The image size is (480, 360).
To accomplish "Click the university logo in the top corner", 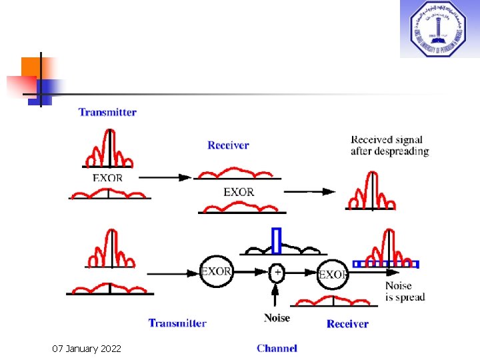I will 439,29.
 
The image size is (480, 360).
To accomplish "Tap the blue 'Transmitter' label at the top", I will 107,112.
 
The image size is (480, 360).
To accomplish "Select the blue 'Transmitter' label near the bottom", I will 177,323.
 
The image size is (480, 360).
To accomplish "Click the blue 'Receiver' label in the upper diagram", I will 228,145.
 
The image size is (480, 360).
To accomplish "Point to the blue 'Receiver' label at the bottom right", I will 347,324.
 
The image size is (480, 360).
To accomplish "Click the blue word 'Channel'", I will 277,348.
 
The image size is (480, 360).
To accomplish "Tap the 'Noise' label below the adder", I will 277,318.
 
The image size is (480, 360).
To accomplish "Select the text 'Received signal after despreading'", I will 389,145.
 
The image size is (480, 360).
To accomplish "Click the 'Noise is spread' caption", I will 405,291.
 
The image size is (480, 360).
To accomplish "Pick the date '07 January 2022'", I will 87,348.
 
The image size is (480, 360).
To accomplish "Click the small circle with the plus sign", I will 277,272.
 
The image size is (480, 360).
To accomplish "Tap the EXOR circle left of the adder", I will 216,272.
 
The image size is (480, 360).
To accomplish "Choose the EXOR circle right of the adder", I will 333,273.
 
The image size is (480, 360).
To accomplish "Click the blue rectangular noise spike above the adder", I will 277,241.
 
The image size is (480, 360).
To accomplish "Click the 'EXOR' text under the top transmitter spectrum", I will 107,178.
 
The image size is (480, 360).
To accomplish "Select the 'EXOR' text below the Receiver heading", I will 239,192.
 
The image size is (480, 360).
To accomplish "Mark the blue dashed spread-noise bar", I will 386,264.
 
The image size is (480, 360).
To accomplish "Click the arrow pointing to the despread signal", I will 310,191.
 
